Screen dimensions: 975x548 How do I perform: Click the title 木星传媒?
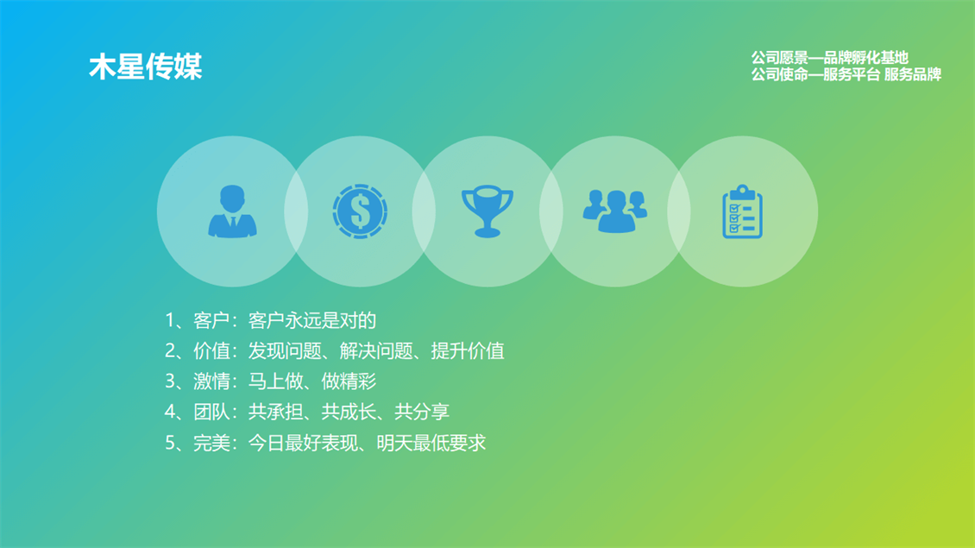point(146,67)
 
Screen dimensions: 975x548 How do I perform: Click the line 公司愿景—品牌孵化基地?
point(829,58)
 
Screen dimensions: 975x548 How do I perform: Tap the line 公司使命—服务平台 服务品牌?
point(846,74)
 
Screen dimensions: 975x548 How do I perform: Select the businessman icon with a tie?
point(233,211)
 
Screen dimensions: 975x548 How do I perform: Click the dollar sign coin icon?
point(360,211)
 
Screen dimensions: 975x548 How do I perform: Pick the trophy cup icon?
point(487,211)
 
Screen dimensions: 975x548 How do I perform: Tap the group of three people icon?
point(615,211)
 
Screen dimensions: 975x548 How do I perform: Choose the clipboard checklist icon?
point(742,211)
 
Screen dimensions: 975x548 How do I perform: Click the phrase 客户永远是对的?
point(312,320)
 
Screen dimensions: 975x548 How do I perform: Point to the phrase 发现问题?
point(285,351)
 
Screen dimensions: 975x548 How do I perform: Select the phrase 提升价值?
point(468,351)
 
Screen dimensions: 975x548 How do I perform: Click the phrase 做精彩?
point(349,381)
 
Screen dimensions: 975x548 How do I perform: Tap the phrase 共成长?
point(349,412)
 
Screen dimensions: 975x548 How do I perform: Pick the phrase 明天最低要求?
point(431,443)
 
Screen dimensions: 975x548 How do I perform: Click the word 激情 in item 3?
point(211,381)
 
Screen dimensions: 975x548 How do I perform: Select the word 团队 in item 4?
point(211,412)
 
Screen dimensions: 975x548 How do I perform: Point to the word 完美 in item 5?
point(211,443)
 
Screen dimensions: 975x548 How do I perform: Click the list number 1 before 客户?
point(170,320)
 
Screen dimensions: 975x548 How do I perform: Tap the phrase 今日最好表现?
point(303,443)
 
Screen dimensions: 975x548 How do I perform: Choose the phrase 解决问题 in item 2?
point(376,351)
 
